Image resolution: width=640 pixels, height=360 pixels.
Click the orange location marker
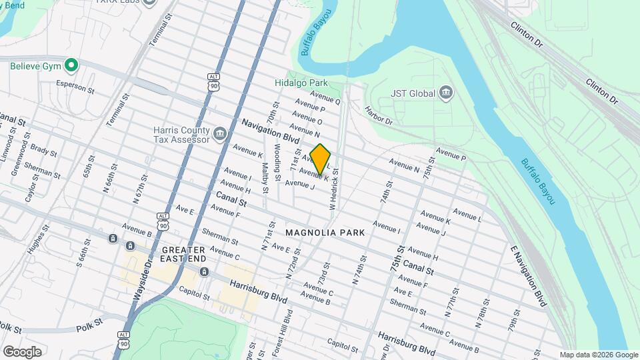[x=321, y=159]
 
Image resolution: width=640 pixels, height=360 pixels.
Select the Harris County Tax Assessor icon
[x=219, y=135]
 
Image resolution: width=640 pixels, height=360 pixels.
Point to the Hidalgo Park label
[x=301, y=83]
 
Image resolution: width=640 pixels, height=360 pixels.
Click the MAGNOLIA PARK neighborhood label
[x=325, y=233]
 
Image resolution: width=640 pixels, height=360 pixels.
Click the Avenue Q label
[x=325, y=101]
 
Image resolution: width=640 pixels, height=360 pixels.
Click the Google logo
[x=22, y=351]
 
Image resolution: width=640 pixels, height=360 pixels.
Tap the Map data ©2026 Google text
[x=599, y=355]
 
